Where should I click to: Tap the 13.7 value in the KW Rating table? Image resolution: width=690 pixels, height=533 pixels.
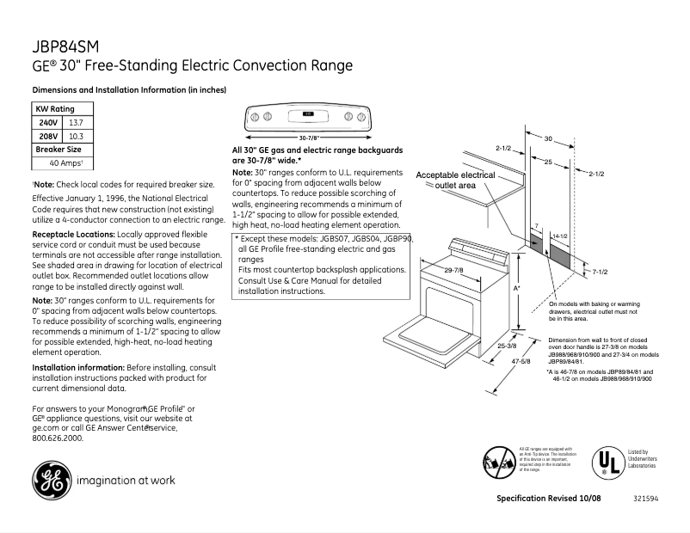76,123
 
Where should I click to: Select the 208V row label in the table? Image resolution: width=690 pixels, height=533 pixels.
48,136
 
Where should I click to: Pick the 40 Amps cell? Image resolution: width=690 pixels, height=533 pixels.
65,162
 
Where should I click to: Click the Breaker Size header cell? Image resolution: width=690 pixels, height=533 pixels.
58,150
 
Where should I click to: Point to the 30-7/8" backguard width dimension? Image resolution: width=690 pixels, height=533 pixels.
309,138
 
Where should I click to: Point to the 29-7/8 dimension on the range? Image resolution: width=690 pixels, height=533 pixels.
453,272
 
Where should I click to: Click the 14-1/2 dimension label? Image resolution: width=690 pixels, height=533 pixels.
559,235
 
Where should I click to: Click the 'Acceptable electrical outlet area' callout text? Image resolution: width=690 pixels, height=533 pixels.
455,180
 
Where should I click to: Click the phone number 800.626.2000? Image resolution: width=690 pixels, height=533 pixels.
57,438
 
